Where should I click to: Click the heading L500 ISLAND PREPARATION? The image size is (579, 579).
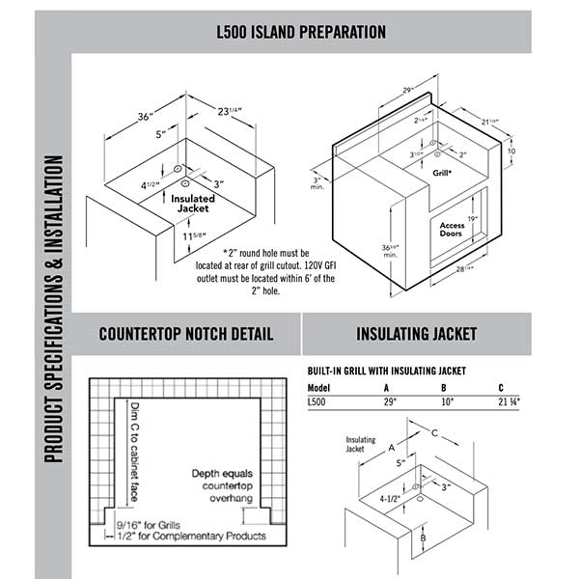[x=301, y=32]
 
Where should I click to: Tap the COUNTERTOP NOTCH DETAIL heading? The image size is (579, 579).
[x=186, y=335]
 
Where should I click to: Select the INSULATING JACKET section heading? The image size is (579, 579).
[x=416, y=335]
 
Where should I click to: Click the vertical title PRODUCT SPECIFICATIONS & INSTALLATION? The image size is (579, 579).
[x=55, y=309]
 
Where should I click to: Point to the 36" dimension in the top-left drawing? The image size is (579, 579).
[x=146, y=117]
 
